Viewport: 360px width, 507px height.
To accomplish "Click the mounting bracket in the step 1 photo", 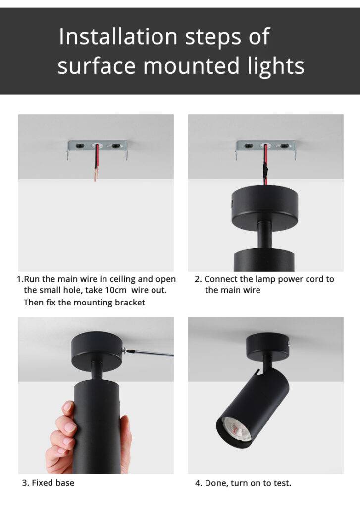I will [98, 147].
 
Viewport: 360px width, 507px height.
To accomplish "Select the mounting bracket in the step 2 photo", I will [265, 146].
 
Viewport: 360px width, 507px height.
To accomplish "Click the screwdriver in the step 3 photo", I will [151, 352].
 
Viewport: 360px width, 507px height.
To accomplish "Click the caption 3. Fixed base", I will [48, 482].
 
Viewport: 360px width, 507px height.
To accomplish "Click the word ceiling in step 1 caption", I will [119, 279].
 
